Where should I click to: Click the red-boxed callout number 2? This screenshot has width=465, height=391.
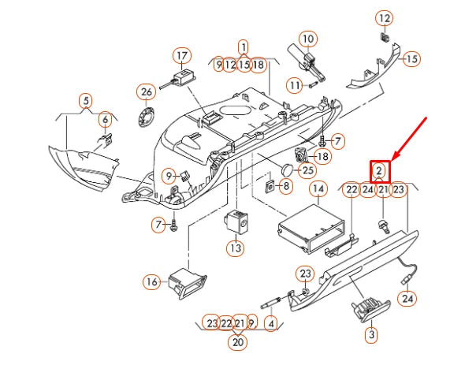(380, 170)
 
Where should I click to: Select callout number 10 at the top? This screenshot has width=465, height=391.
(307, 38)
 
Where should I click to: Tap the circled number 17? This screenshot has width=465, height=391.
(182, 55)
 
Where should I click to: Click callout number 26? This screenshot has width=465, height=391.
(85, 100)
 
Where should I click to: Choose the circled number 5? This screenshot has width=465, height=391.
(105, 119)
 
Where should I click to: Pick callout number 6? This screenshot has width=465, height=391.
(318, 189)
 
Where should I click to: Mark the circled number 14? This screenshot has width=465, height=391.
(235, 247)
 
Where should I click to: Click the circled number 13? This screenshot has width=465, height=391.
(151, 281)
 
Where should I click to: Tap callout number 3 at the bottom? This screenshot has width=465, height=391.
(238, 342)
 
